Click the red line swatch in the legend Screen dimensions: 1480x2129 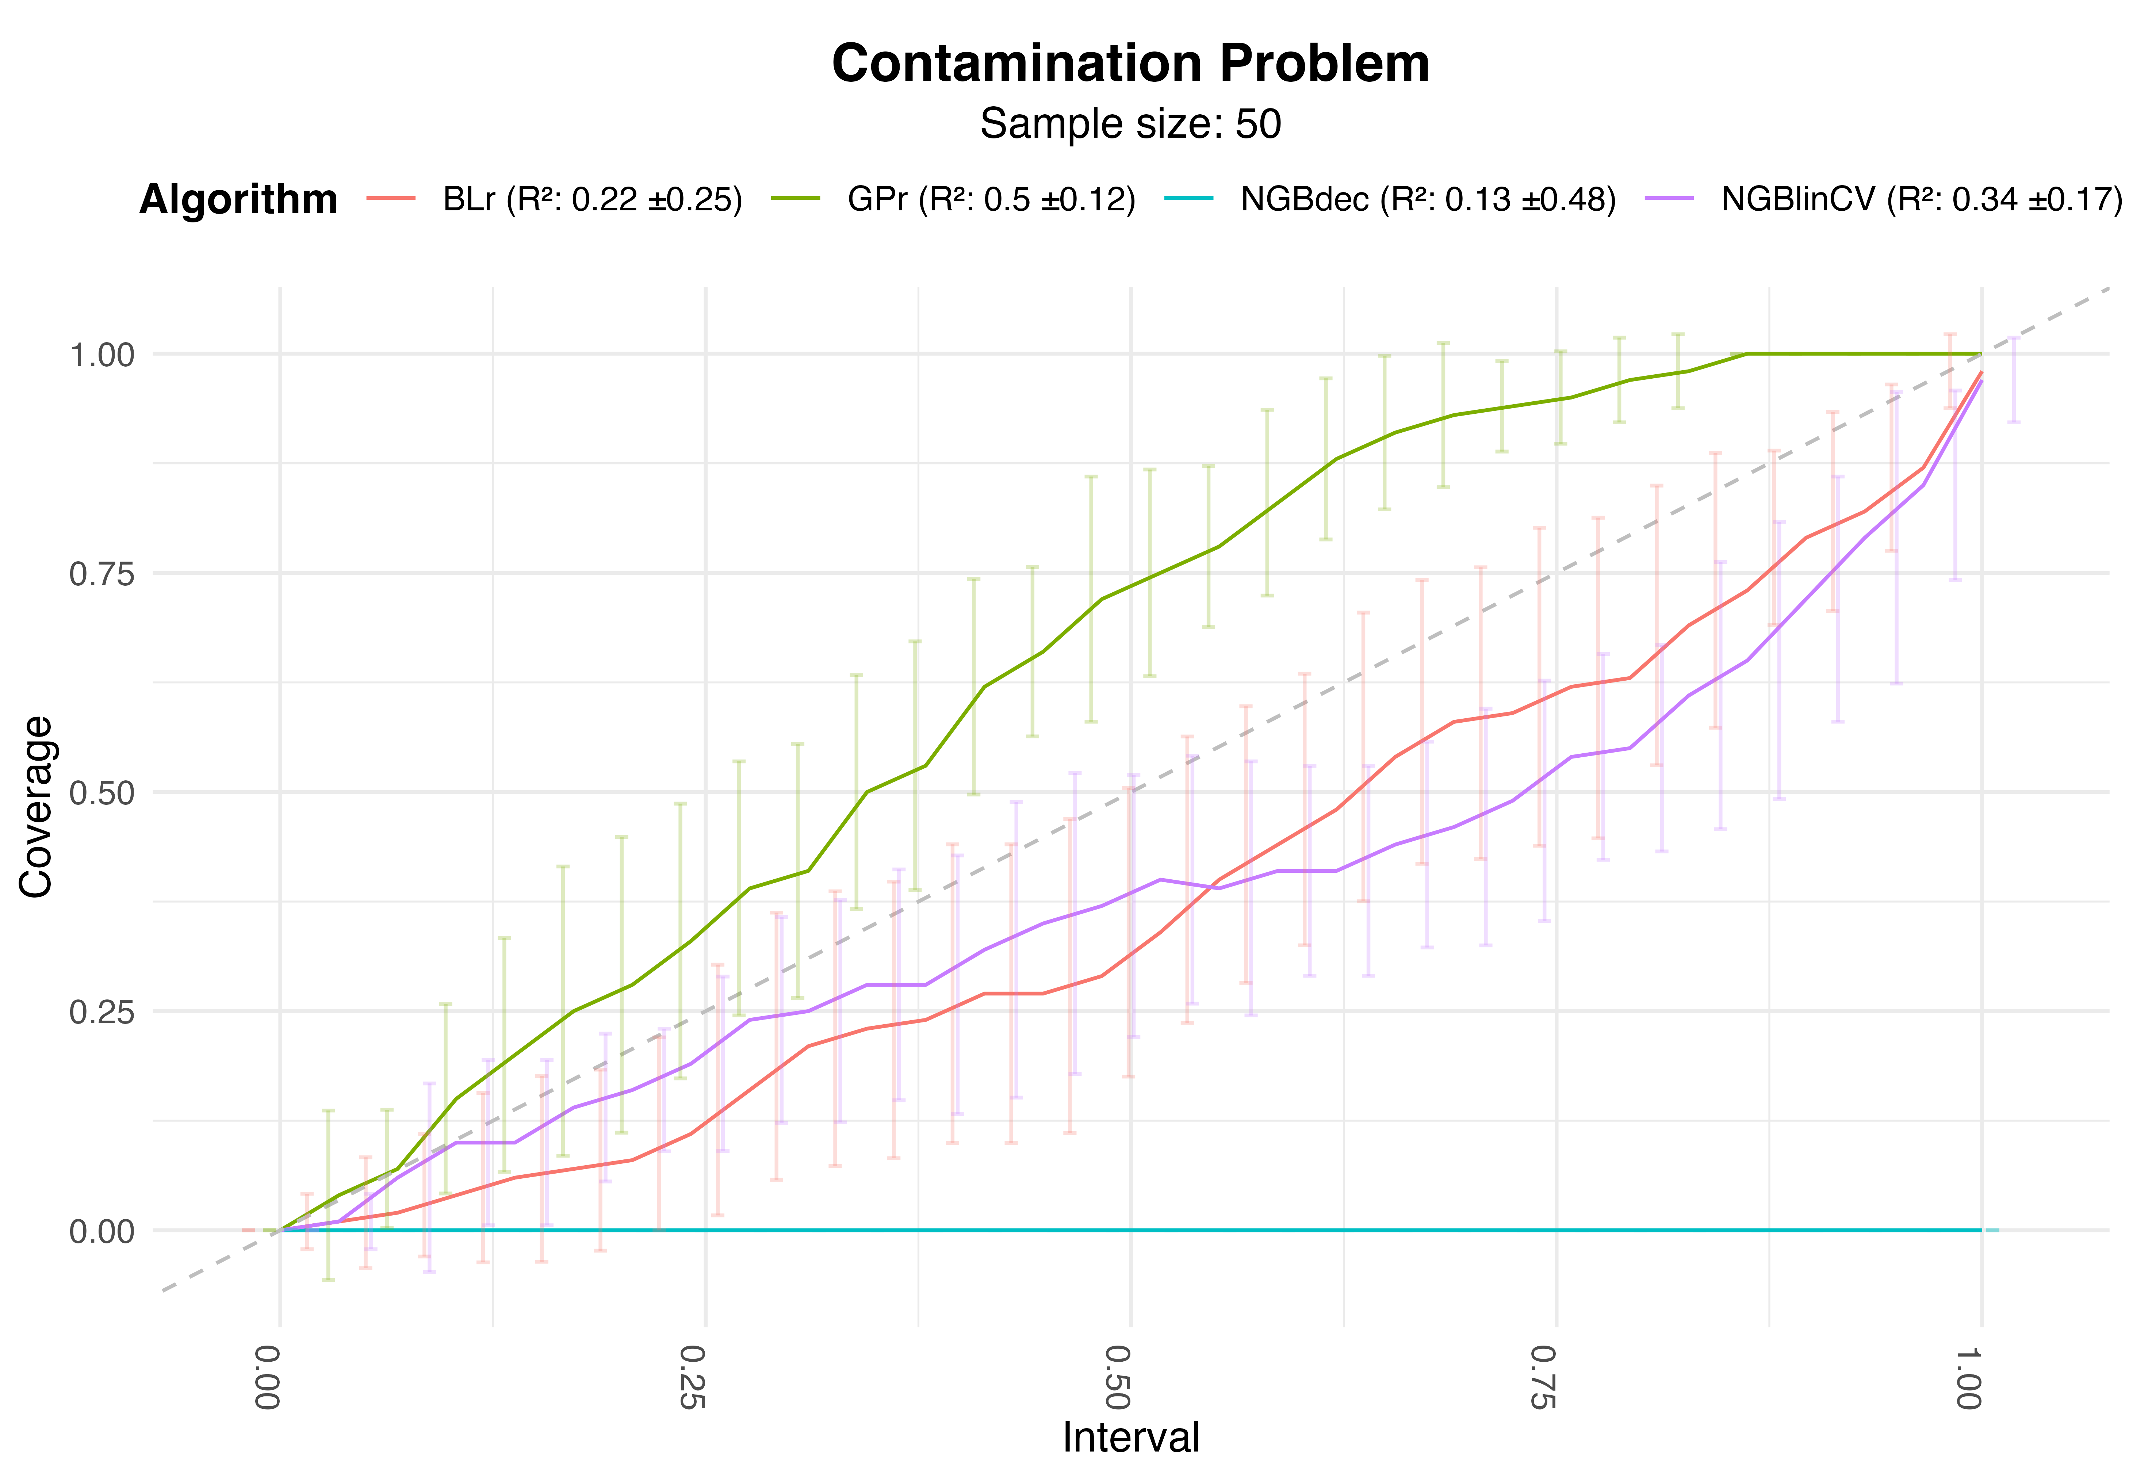pos(390,198)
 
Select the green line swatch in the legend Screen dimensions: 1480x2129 pos(796,198)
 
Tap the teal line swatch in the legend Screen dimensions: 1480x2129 pos(1189,198)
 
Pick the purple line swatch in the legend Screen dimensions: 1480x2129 pos(1669,198)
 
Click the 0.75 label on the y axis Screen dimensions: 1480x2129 pos(102,573)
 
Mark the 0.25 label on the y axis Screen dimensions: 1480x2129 pos(102,1012)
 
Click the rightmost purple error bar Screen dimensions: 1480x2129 pos(2014,380)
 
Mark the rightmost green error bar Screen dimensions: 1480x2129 pos(1677,371)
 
